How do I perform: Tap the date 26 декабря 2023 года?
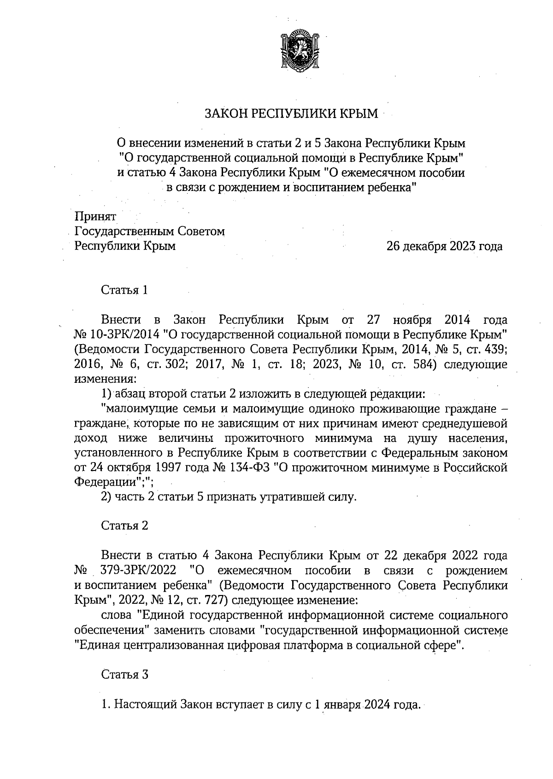coord(444,246)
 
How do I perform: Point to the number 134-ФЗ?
coord(248,467)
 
